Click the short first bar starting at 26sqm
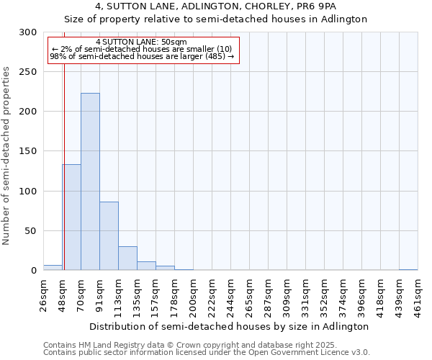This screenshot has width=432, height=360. click(53, 268)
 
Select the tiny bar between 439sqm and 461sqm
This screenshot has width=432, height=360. click(408, 269)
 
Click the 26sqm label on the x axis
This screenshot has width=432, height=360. click(43, 294)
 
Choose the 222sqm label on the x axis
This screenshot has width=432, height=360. click(212, 295)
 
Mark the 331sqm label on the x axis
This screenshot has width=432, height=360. click(305, 295)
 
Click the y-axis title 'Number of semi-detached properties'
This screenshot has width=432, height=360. click(6, 156)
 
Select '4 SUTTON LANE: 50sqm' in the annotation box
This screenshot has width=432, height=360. click(141, 42)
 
